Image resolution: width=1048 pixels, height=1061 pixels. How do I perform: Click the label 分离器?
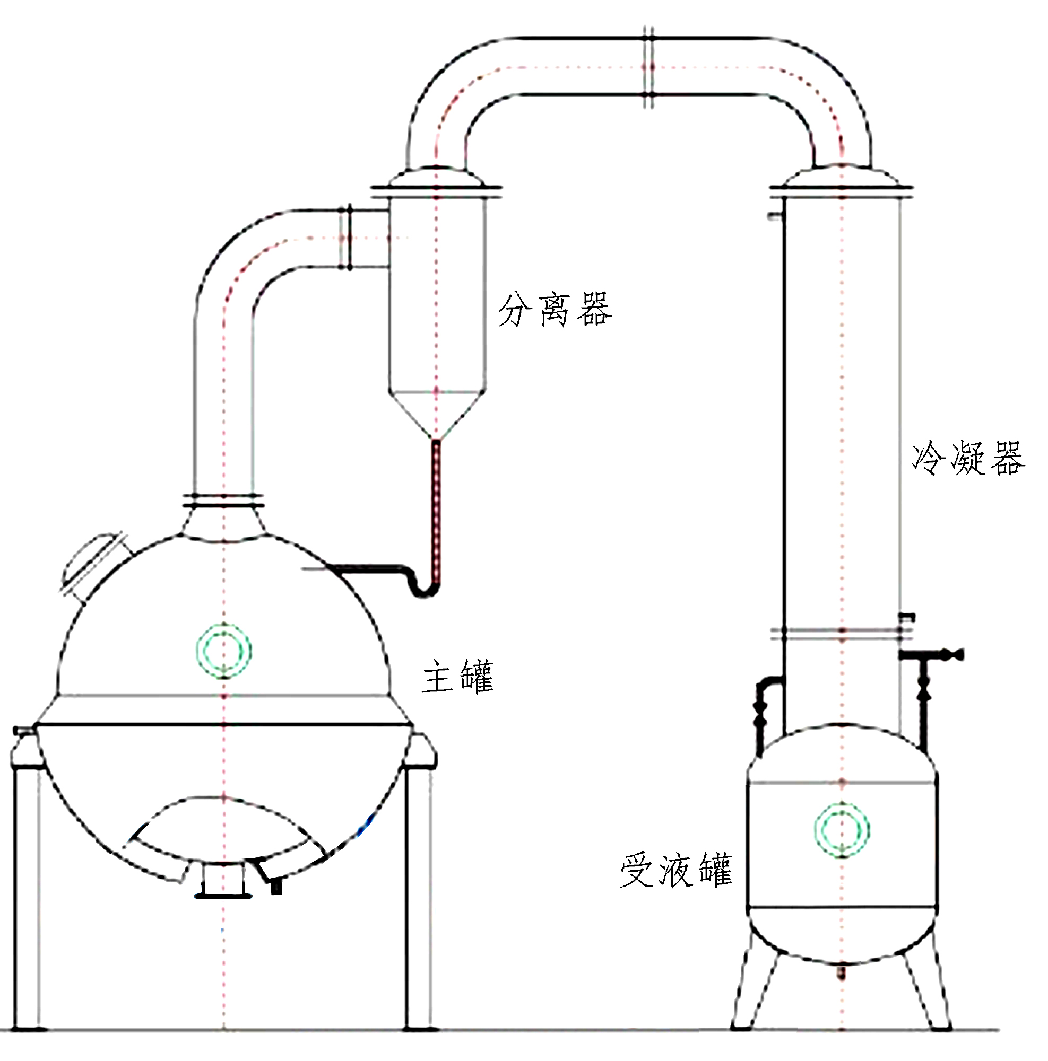[554, 310]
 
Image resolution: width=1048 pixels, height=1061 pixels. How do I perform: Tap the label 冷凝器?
[968, 457]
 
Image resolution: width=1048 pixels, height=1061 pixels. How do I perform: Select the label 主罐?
[457, 676]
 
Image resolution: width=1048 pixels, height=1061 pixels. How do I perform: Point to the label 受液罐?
[676, 870]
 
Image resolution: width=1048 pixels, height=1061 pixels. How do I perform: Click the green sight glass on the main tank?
[224, 651]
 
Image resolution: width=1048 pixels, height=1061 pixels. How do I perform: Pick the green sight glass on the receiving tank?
[842, 829]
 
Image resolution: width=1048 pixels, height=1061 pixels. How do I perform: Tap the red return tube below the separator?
[436, 505]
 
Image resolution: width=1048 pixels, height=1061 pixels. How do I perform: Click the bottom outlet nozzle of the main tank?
[223, 882]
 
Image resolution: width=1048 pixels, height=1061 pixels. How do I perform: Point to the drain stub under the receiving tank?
[841, 975]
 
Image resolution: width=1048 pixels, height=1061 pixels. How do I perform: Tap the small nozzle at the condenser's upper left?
[775, 216]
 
